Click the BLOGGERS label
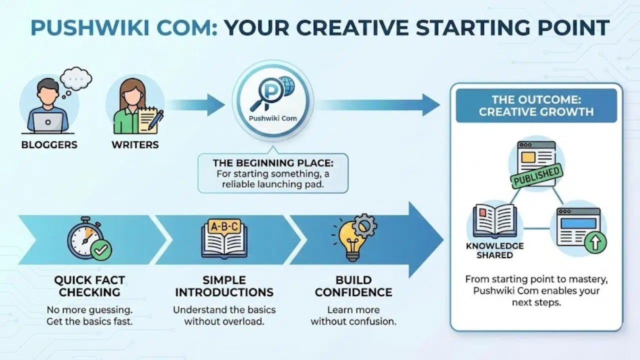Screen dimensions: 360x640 point(49,145)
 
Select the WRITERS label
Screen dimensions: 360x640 point(134,145)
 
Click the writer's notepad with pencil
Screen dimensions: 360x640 point(150,120)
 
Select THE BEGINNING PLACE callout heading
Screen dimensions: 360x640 point(273,163)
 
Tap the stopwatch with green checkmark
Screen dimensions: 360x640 point(88,238)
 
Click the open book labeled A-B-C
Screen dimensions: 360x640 point(224,238)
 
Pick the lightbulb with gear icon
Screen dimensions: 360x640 point(354,237)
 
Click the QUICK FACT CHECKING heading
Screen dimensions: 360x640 point(89,286)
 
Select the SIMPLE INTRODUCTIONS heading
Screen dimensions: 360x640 point(224,286)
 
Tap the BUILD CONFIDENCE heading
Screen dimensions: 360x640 point(353,286)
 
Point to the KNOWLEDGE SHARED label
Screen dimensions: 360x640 point(494,250)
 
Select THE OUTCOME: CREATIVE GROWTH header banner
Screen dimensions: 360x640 point(536,105)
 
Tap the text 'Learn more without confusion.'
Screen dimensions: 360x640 point(353,315)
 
